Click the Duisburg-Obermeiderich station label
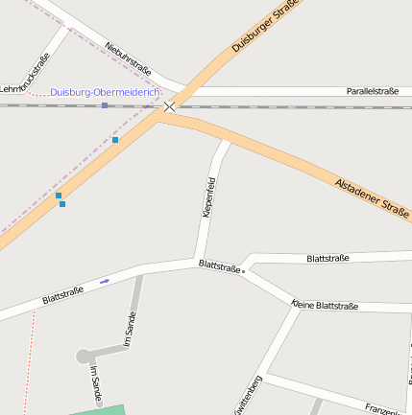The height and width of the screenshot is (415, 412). click(x=105, y=92)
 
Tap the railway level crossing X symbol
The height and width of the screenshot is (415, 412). click(x=170, y=106)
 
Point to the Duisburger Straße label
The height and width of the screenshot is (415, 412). click(x=266, y=27)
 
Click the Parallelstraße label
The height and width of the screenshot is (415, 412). click(x=372, y=91)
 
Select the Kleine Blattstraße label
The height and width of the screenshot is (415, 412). click(x=325, y=306)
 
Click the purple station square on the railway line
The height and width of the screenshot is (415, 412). click(x=105, y=105)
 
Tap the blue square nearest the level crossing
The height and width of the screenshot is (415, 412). click(x=115, y=140)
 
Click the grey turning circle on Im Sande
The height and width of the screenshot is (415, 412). click(x=84, y=356)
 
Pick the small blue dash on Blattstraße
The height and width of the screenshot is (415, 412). click(x=104, y=281)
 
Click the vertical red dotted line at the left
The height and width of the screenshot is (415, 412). click(x=28, y=364)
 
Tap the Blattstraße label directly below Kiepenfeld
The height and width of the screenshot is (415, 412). click(x=218, y=265)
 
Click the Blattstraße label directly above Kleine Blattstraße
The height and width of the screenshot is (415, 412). click(x=327, y=258)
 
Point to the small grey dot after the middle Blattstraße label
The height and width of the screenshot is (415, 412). click(x=244, y=271)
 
